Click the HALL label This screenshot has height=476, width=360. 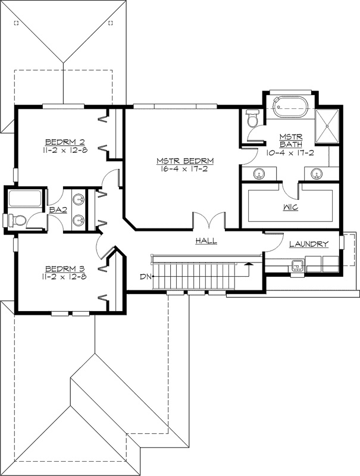tap(206, 241)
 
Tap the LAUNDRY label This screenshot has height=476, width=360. tap(308, 244)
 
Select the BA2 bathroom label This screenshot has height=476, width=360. tap(57, 210)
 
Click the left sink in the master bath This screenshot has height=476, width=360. tap(259, 174)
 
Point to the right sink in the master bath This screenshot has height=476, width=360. tap(316, 174)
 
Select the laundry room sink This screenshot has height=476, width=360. tap(296, 264)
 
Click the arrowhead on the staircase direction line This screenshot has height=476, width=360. tap(247, 261)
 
